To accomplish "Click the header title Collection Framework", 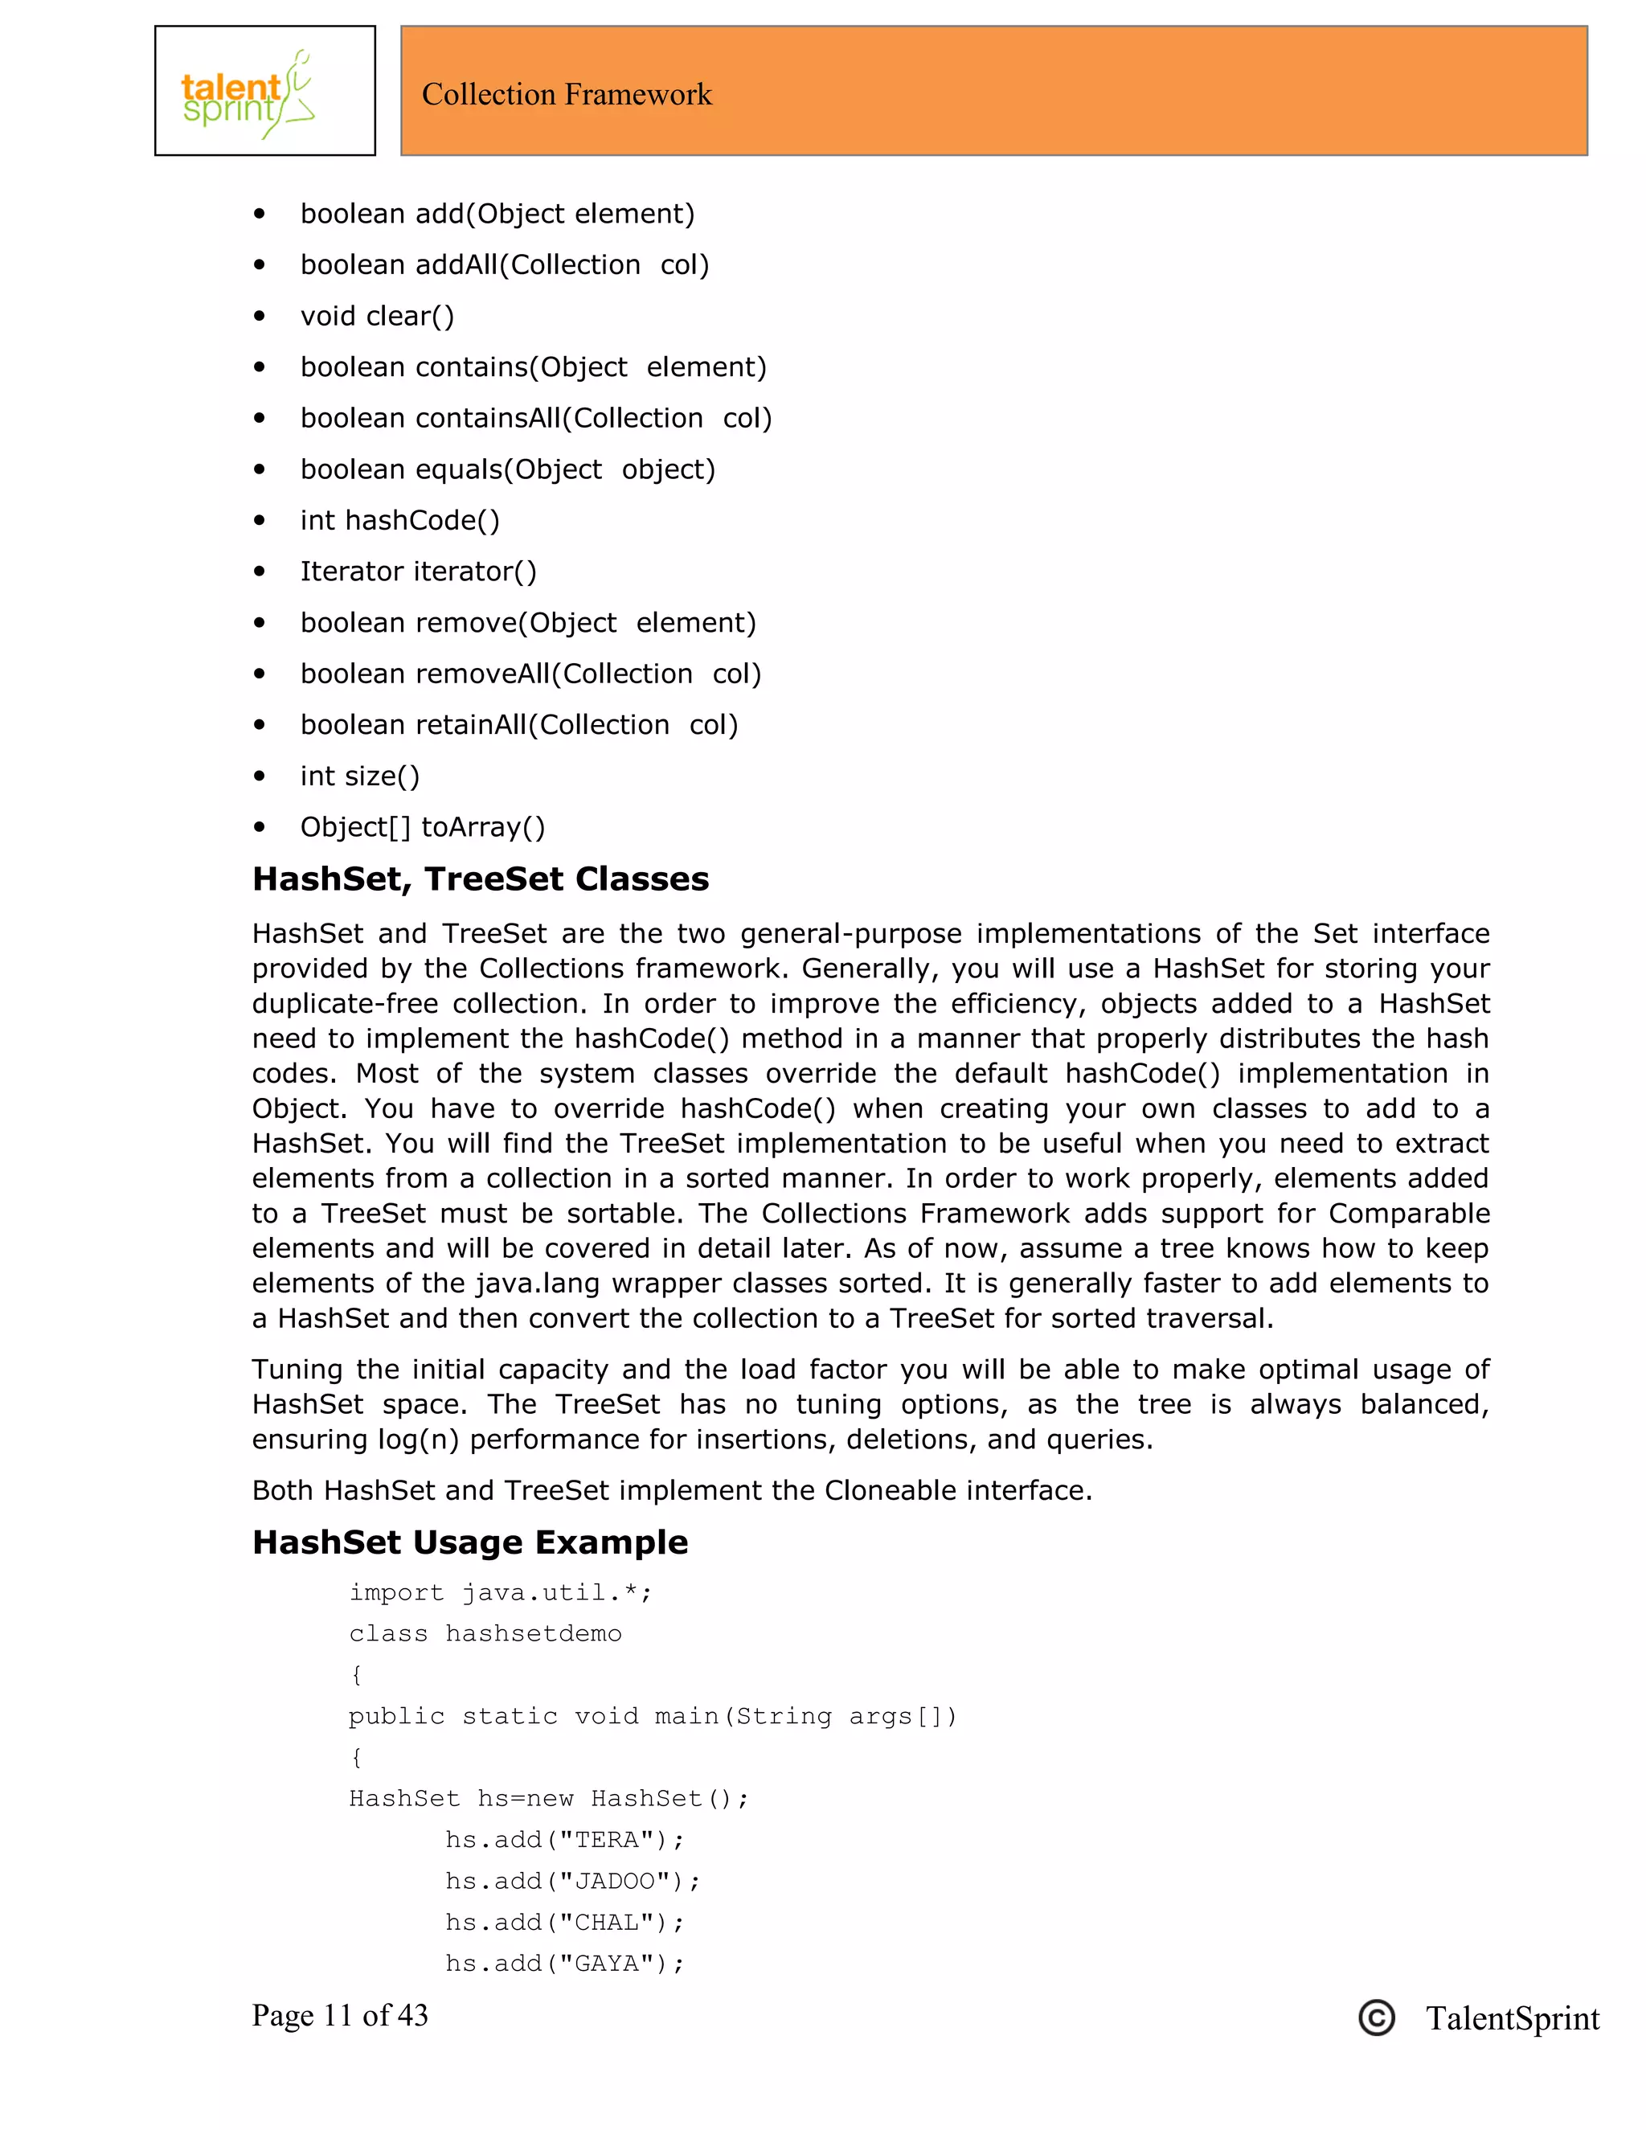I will point(567,95).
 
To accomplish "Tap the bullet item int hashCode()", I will point(399,521).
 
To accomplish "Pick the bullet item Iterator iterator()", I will point(418,571).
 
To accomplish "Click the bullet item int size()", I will point(360,776).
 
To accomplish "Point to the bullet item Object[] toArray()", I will point(422,827).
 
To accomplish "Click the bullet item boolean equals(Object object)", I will point(507,469).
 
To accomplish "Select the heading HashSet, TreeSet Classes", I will point(480,879).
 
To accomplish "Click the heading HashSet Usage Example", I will point(470,1542).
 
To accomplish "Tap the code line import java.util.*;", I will point(500,1592).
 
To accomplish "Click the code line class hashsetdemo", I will point(485,1633).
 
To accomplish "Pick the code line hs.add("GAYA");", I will point(564,1964).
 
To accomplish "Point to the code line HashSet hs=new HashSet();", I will point(549,1798).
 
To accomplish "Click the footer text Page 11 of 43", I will point(339,2015).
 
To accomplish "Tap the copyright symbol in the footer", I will point(1376,2017).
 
